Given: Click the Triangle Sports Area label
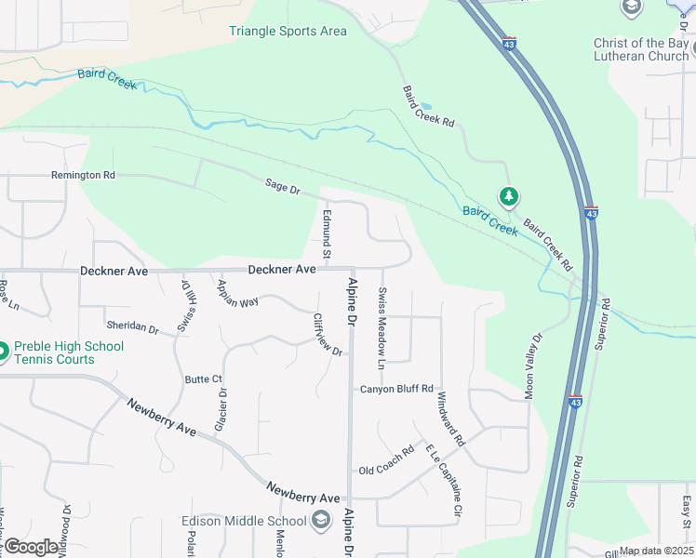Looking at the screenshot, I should point(288,32).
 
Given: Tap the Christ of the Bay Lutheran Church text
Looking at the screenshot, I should point(641,47).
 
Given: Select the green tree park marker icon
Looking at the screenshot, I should point(508,196).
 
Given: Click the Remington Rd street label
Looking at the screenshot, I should point(83,175).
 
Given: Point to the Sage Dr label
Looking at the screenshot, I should point(283,190).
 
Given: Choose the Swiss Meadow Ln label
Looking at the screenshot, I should point(381,325).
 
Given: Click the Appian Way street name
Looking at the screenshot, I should point(236,290).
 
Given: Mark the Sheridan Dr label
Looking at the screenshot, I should point(133,327).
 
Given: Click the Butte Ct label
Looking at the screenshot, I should point(203,379).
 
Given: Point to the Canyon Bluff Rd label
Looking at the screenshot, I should point(396,388).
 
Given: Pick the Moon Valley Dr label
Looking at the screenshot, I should point(532,366).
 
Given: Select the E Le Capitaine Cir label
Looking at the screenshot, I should point(444,480).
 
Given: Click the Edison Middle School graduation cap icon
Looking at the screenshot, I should point(321,521).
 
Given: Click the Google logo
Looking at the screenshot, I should point(31,547).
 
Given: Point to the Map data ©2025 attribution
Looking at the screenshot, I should point(656,551).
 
